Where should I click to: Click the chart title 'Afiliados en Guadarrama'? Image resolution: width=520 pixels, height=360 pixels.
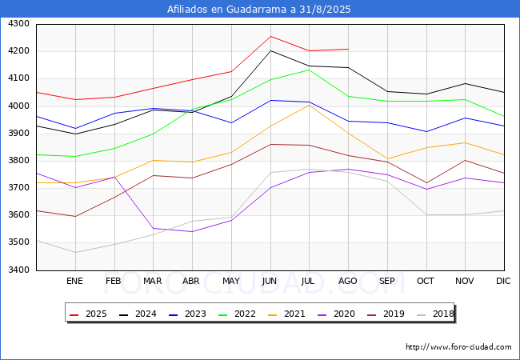pos(259,10)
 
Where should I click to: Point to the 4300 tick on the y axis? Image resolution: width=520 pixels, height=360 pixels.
pos(18,24)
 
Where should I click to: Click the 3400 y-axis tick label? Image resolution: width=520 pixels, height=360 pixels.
pos(18,270)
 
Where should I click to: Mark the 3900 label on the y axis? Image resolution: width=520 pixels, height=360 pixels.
pos(18,134)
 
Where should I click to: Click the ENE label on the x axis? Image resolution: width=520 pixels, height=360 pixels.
pos(74,282)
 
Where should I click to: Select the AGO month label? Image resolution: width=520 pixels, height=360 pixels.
pos(348,282)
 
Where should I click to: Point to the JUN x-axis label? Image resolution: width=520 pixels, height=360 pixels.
pos(270,282)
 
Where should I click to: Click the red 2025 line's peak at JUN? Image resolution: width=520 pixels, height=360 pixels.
pos(270,36)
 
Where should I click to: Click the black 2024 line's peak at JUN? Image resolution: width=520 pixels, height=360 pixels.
pos(270,50)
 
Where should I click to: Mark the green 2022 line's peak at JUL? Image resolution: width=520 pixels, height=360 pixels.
pos(309,70)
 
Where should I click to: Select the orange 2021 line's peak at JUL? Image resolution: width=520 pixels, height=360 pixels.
pos(309,105)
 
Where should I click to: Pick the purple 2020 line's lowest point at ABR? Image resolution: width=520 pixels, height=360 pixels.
pos(192,231)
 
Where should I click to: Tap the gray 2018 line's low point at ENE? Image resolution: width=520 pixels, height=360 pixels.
pos(74,252)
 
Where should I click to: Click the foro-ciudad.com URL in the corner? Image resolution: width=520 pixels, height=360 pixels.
pos(458,347)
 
